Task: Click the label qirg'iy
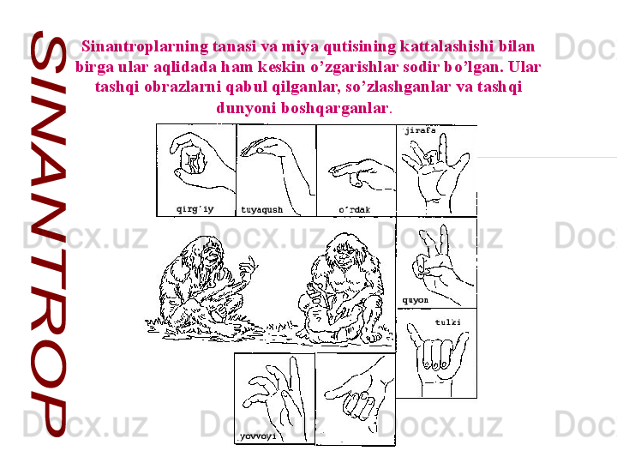pos(195,209)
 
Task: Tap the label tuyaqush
pos(261,210)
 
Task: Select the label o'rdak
pos(354,210)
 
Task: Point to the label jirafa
pos(420,130)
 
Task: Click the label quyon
pos(415,300)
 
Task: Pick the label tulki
pos(448,322)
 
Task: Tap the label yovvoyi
pos(258,436)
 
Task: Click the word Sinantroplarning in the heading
pos(145,47)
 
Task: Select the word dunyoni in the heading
pos(246,107)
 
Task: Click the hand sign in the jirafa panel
pos(434,173)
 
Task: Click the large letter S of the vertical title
pos(47,53)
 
